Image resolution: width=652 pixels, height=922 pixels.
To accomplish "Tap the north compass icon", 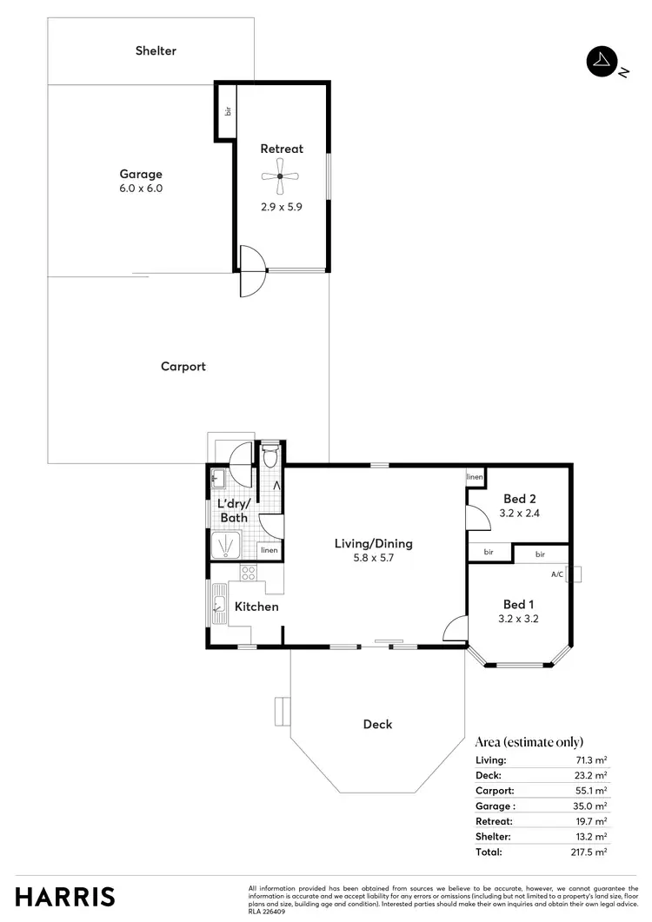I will pyautogui.click(x=601, y=61).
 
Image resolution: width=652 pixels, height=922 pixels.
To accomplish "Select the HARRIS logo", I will pyautogui.click(x=64, y=896).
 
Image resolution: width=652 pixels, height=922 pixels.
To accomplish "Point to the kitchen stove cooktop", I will pyautogui.click(x=248, y=573).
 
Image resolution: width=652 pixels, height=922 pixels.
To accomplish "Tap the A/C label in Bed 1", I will pyautogui.click(x=556, y=574).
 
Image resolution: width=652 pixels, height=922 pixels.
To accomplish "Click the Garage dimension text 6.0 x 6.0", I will pyautogui.click(x=141, y=188).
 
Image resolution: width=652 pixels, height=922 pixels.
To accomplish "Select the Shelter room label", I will pyautogui.click(x=156, y=50).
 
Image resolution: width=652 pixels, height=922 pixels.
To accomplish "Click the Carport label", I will pyautogui.click(x=183, y=366).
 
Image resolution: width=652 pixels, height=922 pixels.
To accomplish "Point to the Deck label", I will pyautogui.click(x=377, y=724).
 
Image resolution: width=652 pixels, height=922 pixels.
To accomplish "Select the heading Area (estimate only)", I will pyautogui.click(x=529, y=742).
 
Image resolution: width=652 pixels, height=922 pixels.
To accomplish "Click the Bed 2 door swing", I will pyautogui.click(x=476, y=518).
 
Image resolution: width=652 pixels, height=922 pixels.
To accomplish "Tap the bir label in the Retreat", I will pyautogui.click(x=228, y=111).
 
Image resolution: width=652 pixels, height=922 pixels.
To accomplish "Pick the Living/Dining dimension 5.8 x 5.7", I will pyautogui.click(x=373, y=559).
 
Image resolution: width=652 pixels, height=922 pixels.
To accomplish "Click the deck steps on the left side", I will pyautogui.click(x=281, y=710).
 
